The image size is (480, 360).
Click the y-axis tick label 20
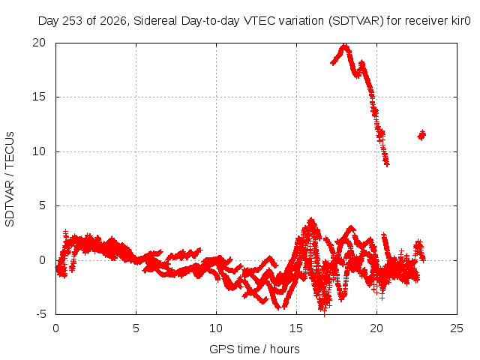(x=39, y=43)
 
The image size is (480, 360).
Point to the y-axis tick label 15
(x=39, y=97)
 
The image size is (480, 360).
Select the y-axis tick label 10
(x=39, y=151)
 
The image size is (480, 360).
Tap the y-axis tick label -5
(x=40, y=314)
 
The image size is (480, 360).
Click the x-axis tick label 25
(x=457, y=328)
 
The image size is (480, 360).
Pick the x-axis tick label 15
(x=296, y=328)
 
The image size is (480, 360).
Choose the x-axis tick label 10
(x=216, y=328)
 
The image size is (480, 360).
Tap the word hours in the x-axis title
(x=285, y=349)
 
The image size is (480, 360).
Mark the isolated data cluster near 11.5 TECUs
(x=421, y=135)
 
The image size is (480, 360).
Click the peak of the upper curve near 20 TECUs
(x=345, y=46)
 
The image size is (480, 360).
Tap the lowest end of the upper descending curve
(x=387, y=164)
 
